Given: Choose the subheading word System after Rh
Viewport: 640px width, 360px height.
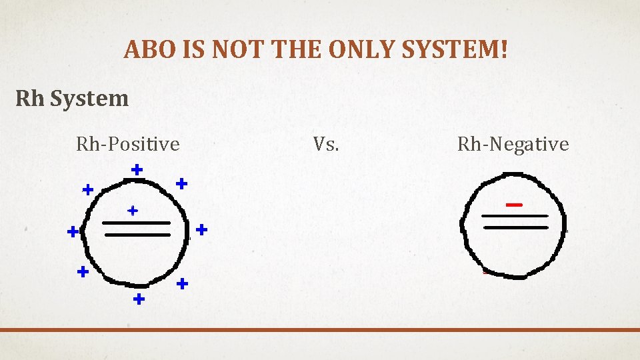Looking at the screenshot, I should tap(89, 99).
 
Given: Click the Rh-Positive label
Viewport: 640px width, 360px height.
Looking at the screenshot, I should tap(128, 144).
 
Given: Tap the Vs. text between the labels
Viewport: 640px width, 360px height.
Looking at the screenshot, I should tap(326, 144).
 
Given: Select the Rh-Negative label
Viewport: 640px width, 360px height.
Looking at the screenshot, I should tap(513, 144).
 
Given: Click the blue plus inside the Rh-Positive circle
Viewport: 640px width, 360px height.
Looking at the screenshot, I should tap(133, 211).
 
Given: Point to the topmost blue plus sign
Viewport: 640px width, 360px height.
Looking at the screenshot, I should tap(137, 170).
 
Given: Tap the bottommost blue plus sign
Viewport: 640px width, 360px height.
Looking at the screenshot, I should tap(139, 299).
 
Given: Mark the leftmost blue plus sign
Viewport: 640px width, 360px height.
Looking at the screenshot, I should tap(73, 232).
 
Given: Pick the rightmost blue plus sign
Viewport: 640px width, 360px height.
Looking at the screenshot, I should tap(201, 229).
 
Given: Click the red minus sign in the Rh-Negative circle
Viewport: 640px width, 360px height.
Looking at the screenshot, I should tap(513, 205).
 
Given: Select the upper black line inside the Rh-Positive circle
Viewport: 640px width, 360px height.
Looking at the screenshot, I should tap(136, 223).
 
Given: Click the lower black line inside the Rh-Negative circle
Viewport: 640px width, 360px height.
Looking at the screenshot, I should tap(515, 227).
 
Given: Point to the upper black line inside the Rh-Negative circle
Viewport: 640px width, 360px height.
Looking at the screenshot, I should tap(514, 216).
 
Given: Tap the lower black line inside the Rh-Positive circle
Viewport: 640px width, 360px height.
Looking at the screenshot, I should tap(137, 235).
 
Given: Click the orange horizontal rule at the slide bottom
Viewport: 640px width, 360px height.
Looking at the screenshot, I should tap(320, 329).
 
